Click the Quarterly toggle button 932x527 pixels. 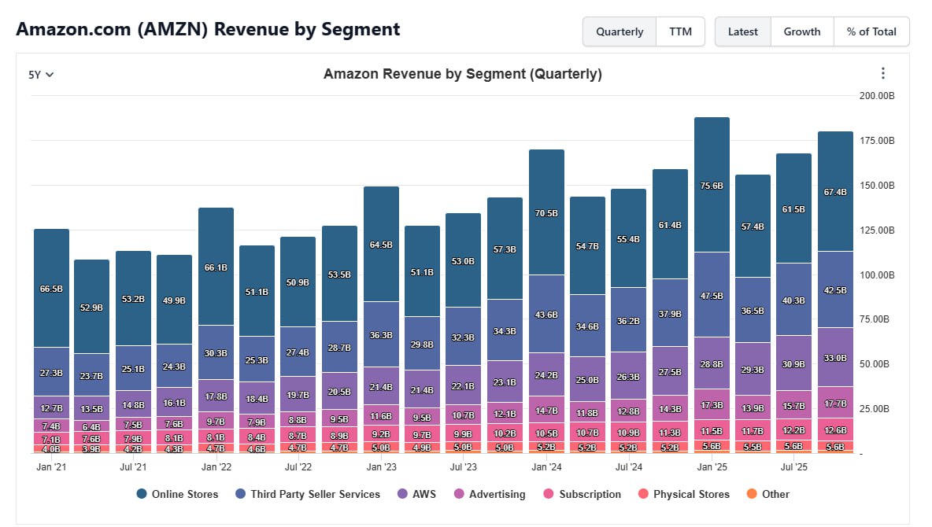[619, 32]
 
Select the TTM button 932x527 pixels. [680, 32]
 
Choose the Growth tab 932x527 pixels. [801, 32]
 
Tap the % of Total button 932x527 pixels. [871, 32]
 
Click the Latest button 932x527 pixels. [742, 32]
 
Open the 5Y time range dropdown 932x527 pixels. [41, 75]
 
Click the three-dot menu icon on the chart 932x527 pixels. [882, 73]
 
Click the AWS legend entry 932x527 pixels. [424, 494]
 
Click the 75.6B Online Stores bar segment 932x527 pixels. [712, 185]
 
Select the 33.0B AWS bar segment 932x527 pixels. [835, 357]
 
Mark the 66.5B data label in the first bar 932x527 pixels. [51, 289]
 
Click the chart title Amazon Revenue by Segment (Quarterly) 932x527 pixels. [462, 74]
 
